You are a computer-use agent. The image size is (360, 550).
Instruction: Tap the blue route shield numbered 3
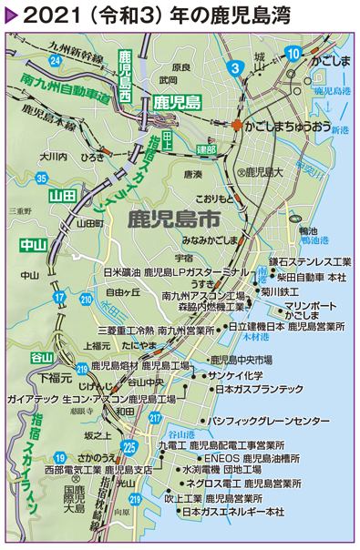(234, 66)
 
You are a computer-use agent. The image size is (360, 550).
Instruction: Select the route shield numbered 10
(293, 54)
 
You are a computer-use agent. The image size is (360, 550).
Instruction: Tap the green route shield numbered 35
(43, 177)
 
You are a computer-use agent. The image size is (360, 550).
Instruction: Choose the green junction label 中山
(33, 245)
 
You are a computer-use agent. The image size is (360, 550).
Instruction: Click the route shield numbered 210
(86, 299)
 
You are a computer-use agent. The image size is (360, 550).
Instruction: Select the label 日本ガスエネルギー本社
(233, 513)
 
